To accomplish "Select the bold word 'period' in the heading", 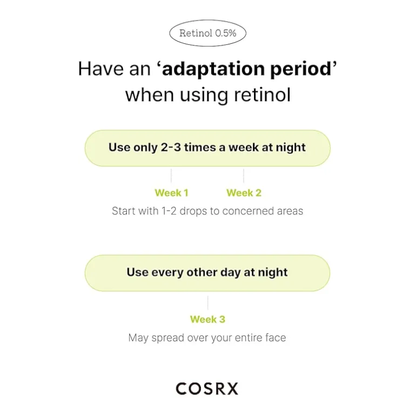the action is [300, 70].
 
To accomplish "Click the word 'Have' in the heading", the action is [101, 69].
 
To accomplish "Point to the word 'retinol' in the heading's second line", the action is [262, 95].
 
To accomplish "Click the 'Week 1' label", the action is [171, 193].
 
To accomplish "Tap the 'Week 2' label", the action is [244, 193].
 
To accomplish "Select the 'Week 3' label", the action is [207, 319].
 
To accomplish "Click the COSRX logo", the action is [207, 388].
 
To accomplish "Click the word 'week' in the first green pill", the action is [244, 147].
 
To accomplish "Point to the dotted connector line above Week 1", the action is [171, 176].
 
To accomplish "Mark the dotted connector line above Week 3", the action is [208, 303].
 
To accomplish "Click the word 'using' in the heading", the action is [204, 96].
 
